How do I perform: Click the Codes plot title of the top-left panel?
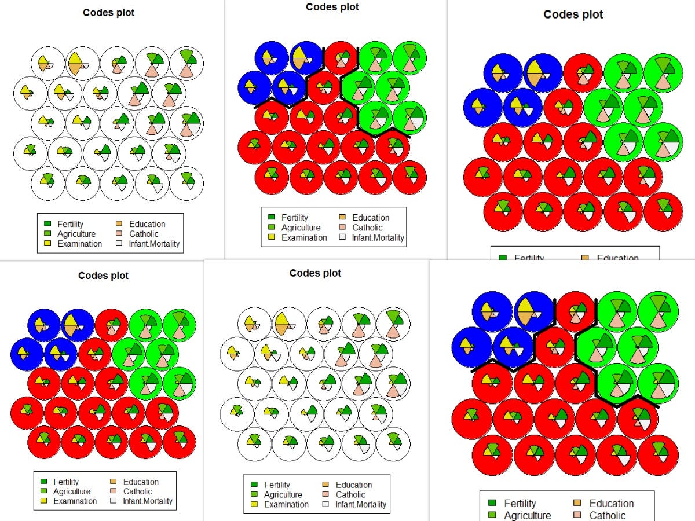coord(108,13)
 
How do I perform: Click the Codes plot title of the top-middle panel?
coord(332,7)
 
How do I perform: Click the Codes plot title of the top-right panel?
coord(573,14)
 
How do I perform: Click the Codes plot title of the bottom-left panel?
coord(103,276)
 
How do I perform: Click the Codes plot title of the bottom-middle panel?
coord(316,273)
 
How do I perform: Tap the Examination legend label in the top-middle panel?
coord(304,237)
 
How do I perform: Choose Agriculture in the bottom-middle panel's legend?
coord(283,495)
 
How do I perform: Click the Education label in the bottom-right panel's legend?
coord(611,504)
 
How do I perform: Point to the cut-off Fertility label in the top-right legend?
coord(529,258)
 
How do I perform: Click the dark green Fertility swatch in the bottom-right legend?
coord(493,504)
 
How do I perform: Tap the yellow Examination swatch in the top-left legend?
coord(47,244)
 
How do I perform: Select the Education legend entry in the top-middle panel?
coord(371,218)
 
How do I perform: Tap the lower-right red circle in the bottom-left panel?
coord(179,442)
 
